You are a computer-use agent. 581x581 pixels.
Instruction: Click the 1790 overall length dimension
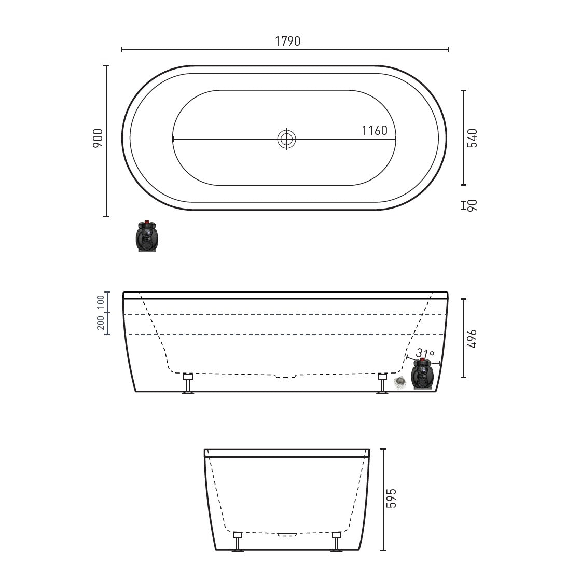coord(287,41)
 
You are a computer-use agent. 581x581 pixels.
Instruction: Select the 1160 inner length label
coord(375,131)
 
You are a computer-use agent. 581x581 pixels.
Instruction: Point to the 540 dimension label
coord(472,138)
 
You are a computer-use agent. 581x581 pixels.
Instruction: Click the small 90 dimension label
coord(472,205)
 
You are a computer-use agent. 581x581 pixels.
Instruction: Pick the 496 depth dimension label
coord(472,338)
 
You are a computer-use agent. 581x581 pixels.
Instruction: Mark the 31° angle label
coord(425,353)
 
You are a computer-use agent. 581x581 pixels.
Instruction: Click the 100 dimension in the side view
coord(101,303)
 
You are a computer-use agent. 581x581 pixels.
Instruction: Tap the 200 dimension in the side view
coord(101,324)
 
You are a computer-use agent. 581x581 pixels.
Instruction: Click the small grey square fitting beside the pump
coord(400,383)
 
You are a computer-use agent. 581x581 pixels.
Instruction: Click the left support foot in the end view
coord(238,542)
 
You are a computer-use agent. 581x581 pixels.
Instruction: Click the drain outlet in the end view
coord(287,534)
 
